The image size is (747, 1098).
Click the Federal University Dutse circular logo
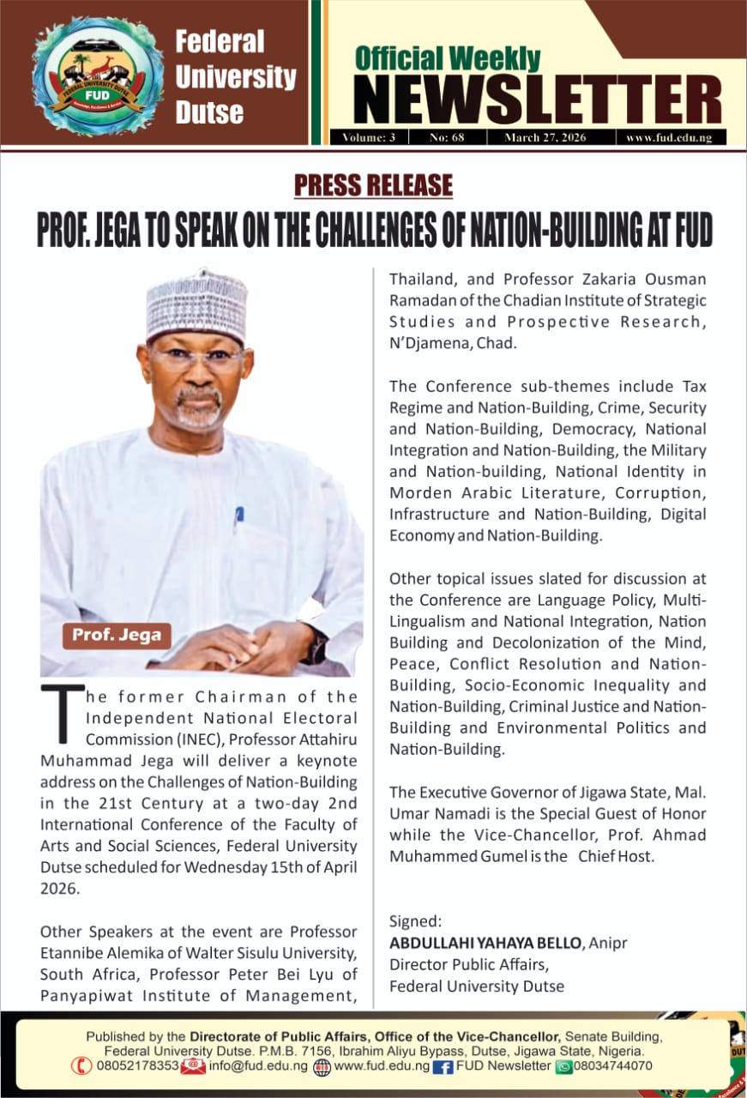(97, 75)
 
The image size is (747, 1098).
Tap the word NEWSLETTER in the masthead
(538, 100)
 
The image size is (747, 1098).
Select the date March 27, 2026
(545, 137)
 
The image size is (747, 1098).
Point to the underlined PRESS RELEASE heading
(373, 184)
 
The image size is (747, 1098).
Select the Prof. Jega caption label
(116, 636)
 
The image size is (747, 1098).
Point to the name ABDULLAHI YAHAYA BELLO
(485, 943)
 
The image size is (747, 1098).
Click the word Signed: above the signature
(415, 922)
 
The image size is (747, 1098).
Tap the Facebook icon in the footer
(443, 1066)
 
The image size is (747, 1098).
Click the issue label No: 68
(446, 137)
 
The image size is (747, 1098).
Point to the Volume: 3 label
(369, 137)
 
